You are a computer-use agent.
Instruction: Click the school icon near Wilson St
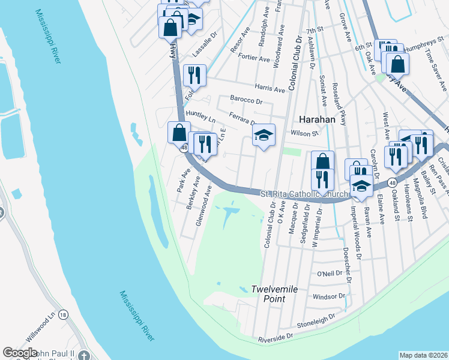262,136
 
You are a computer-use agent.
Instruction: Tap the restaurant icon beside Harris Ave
194,76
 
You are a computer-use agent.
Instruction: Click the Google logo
20,352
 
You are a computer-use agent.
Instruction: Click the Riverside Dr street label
275,339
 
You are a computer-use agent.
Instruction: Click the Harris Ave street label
270,88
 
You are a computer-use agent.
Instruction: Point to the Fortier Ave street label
255,59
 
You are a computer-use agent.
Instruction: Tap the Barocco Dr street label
247,100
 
